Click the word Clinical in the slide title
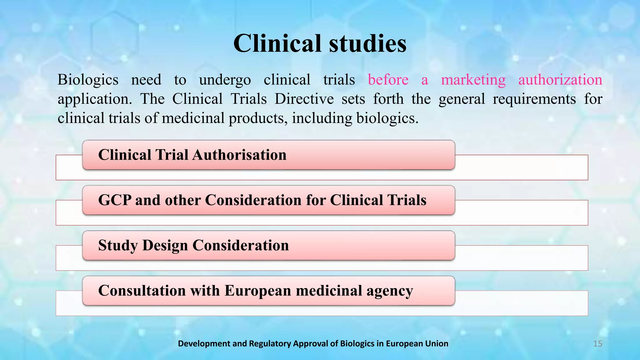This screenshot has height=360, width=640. click(x=277, y=43)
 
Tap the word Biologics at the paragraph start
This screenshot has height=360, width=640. click(x=88, y=80)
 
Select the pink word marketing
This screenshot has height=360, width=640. click(x=473, y=80)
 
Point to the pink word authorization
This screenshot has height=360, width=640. click(x=560, y=80)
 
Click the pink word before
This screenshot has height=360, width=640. click(x=388, y=80)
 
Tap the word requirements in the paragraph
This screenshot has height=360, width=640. click(x=534, y=99)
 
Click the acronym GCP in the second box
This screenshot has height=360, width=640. click(x=114, y=200)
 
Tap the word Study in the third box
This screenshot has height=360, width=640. click(x=118, y=246)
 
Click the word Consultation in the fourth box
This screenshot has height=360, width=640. click(x=142, y=291)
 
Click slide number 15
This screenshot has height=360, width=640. click(x=597, y=344)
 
